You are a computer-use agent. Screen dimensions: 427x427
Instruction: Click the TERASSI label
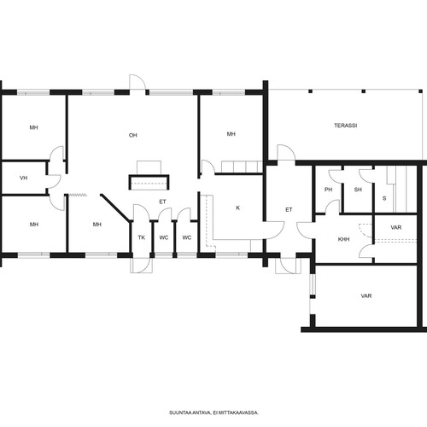345,126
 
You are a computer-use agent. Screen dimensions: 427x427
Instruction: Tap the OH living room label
133,135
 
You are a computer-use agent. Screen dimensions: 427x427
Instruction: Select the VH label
24,178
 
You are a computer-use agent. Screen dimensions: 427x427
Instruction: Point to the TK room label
142,237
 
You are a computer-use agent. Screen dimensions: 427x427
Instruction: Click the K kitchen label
238,208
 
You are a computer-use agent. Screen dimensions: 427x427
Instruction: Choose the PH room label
328,190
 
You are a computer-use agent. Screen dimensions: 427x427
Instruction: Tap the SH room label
358,190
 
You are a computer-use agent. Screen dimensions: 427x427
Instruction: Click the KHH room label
343,239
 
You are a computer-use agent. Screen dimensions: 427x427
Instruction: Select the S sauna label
384,198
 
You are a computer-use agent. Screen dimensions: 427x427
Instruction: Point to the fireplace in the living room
149,182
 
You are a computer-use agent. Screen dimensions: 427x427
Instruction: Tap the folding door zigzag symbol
78,195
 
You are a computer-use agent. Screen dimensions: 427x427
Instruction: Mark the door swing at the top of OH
137,82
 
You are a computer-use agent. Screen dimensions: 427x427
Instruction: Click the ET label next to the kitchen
289,210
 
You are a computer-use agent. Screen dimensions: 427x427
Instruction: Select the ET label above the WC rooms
162,202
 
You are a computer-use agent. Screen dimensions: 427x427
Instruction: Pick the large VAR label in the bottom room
366,296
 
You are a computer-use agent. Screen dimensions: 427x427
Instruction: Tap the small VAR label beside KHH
396,227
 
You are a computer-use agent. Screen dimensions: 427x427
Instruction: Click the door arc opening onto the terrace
286,152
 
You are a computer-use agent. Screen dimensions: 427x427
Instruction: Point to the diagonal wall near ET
116,208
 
